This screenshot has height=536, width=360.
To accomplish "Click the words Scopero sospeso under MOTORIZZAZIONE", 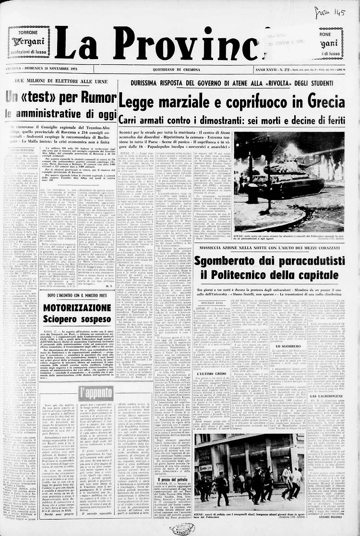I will point(71,319).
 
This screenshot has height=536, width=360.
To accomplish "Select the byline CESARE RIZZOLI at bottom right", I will point(331,518).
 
